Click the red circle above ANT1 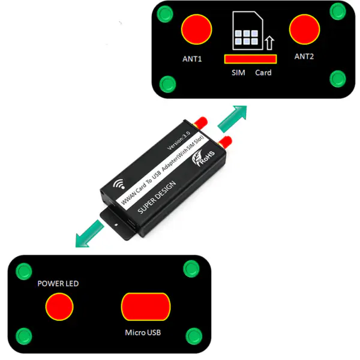(x=197, y=29)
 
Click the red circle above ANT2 (x=304, y=29)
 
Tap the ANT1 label (x=192, y=59)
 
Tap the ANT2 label (x=304, y=56)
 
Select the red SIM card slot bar (x=250, y=59)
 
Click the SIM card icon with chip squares (x=248, y=31)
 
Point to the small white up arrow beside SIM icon (x=269, y=43)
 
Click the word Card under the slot (x=263, y=73)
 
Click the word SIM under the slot (x=238, y=73)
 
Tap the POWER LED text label (x=58, y=284)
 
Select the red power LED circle (x=59, y=307)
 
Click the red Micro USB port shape (x=146, y=307)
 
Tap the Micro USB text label (x=143, y=332)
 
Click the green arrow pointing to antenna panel (x=233, y=118)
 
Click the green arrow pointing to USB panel (x=89, y=234)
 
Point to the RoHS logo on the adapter (x=203, y=157)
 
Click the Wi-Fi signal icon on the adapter (x=119, y=184)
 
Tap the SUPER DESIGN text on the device (x=157, y=197)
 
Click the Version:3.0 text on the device (x=179, y=141)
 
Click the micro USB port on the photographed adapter (x=131, y=223)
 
